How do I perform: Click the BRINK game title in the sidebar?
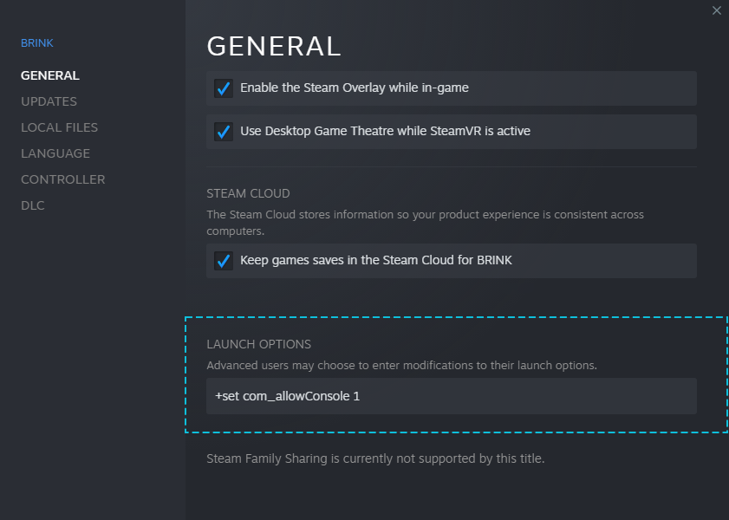[x=37, y=43]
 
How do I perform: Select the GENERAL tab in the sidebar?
[x=50, y=75]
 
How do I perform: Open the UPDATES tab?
[x=49, y=101]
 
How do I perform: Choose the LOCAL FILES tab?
[x=59, y=127]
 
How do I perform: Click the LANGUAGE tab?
[x=55, y=153]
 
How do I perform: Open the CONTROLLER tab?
[x=62, y=179]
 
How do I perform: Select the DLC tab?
[x=33, y=205]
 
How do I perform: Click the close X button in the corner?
[x=716, y=10]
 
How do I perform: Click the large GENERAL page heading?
[x=274, y=46]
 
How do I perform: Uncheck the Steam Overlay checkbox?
[x=224, y=88]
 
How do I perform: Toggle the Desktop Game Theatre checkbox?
[x=224, y=132]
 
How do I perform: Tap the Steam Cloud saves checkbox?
[x=224, y=261]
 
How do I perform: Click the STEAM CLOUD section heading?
[x=248, y=193]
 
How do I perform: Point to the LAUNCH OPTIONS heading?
[x=258, y=344]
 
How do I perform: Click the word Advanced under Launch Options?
[x=231, y=366]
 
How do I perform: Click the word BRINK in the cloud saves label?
[x=494, y=260]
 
